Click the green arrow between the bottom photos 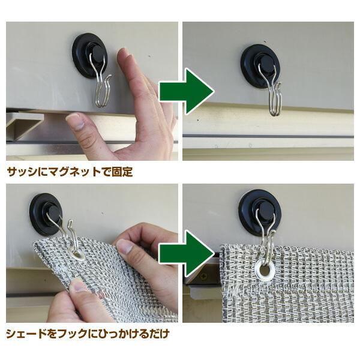click(x=186, y=250)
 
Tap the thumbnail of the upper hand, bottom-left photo click(x=125, y=247)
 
